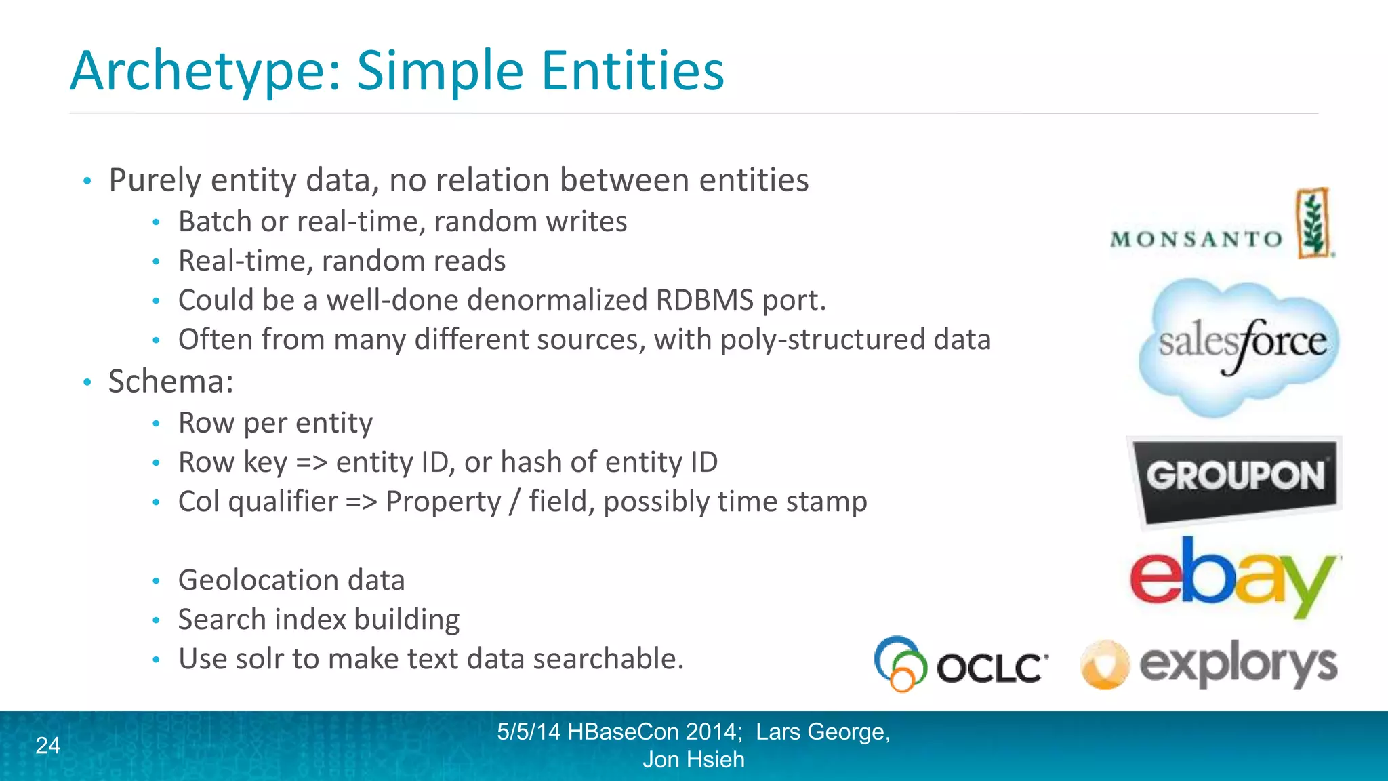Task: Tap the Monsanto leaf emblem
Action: tap(1313, 223)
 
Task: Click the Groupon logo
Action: tap(1236, 478)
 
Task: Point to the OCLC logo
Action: tap(962, 664)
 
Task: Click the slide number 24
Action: tap(47, 745)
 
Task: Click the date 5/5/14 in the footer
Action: tap(529, 732)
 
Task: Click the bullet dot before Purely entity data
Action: tap(87, 181)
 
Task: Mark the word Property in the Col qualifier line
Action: tap(443, 502)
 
